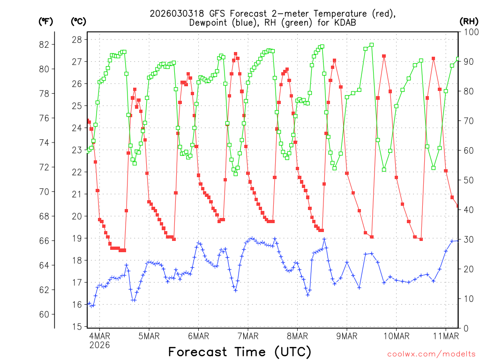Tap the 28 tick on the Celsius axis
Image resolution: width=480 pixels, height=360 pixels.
point(77,39)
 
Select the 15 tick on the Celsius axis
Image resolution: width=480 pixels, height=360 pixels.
point(77,327)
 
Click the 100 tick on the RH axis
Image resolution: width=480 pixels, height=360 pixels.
point(468,32)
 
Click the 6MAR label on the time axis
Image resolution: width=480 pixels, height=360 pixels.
point(198,336)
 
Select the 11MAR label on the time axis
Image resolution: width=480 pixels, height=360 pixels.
point(445,336)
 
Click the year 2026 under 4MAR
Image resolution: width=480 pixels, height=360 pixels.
point(100,345)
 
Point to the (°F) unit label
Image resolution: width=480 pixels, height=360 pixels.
point(45,21)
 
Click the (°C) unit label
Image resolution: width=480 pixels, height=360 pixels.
point(78,21)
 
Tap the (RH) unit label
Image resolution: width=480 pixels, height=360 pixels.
point(468,21)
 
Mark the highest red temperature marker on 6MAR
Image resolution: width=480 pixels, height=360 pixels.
point(235,53)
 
